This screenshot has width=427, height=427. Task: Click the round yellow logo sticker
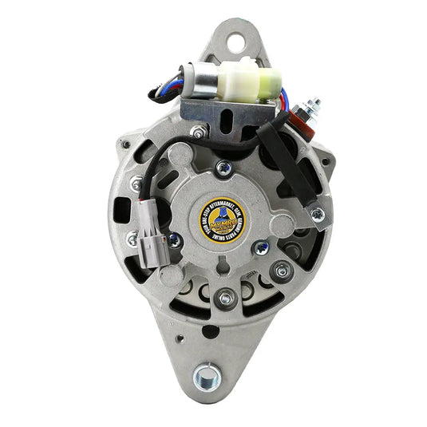[219, 216]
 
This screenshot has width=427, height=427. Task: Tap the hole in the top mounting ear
[236, 37]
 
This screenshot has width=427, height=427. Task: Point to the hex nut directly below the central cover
[224, 296]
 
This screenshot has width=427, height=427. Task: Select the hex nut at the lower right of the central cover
[279, 272]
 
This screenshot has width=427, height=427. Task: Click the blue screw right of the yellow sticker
[261, 247]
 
